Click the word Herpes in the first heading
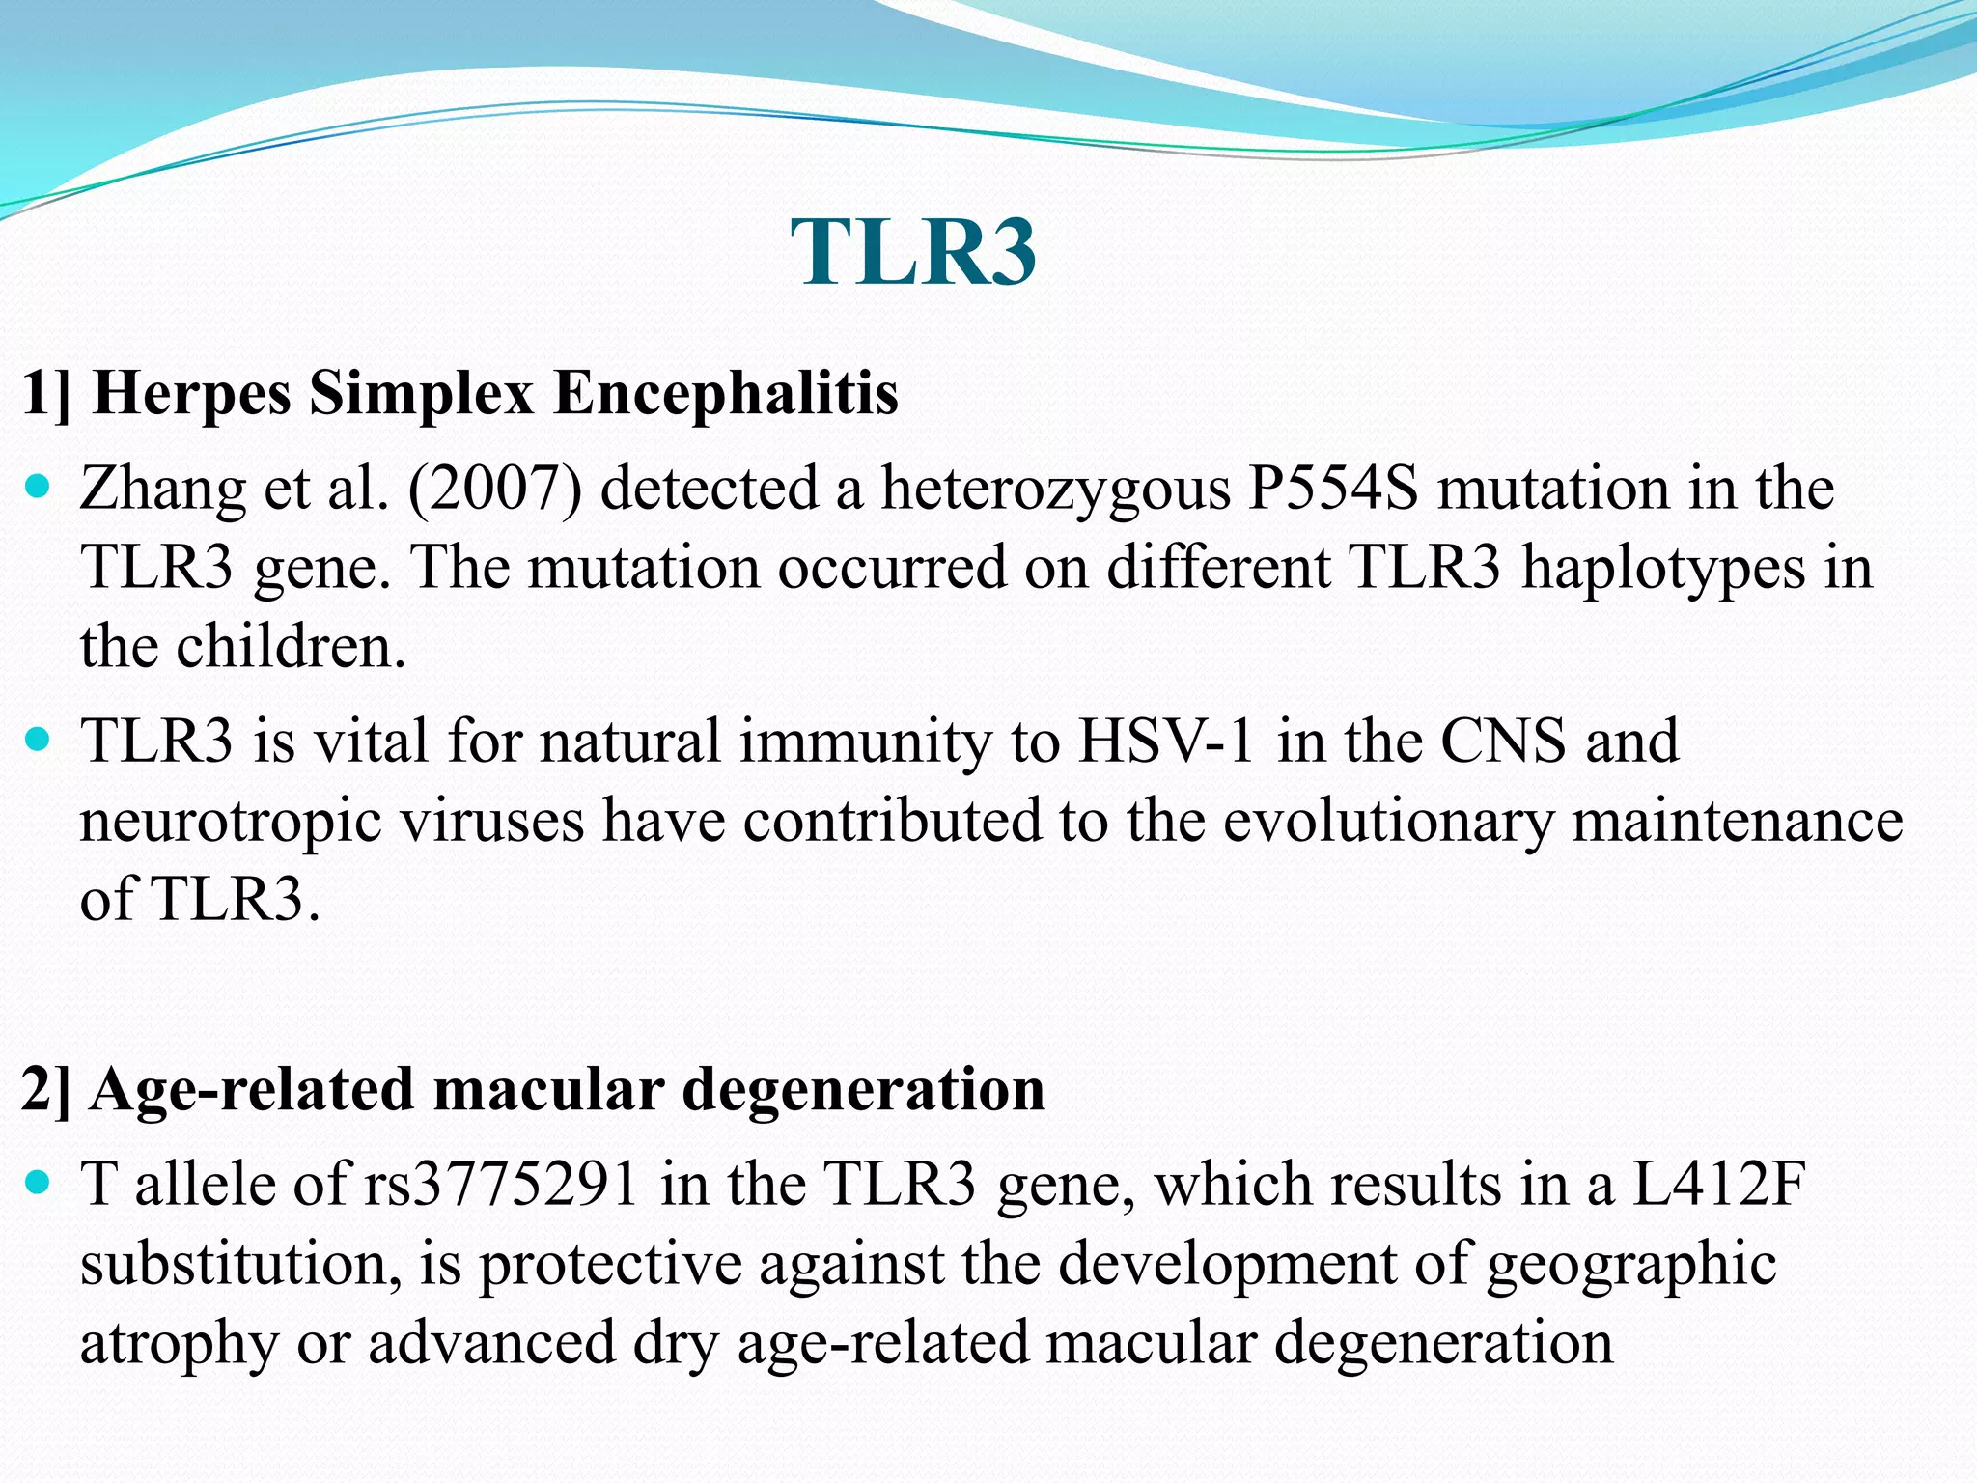(x=192, y=393)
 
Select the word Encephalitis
(x=726, y=393)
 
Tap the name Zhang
(x=162, y=490)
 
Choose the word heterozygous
(x=1055, y=490)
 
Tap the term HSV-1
(x=1166, y=741)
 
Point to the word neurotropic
(x=230, y=822)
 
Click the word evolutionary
(x=1388, y=822)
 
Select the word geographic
(x=1630, y=1265)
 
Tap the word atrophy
(x=179, y=1344)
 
